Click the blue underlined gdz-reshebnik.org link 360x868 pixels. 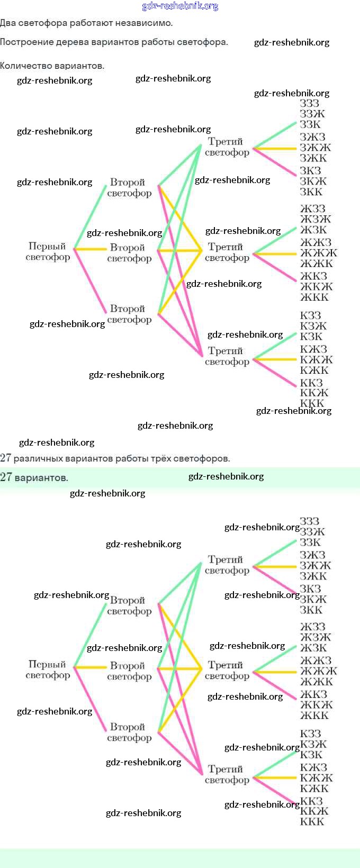(180, 6)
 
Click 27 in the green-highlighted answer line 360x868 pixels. (6, 477)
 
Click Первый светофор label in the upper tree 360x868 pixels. (48, 252)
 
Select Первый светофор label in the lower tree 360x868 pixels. (48, 670)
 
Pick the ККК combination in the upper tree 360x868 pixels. (312, 403)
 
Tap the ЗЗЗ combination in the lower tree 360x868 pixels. (310, 521)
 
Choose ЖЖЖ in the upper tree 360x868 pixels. (318, 253)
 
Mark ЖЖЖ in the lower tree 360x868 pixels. (318, 671)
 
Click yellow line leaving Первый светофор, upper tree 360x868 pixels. (91, 249)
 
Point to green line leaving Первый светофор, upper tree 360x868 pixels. (91, 217)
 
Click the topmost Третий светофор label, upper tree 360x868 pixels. (227, 147)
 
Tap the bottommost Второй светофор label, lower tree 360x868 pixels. (129, 733)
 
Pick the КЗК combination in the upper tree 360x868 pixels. (311, 337)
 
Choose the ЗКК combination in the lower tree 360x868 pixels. (311, 610)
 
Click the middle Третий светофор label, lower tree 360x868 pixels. (227, 671)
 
